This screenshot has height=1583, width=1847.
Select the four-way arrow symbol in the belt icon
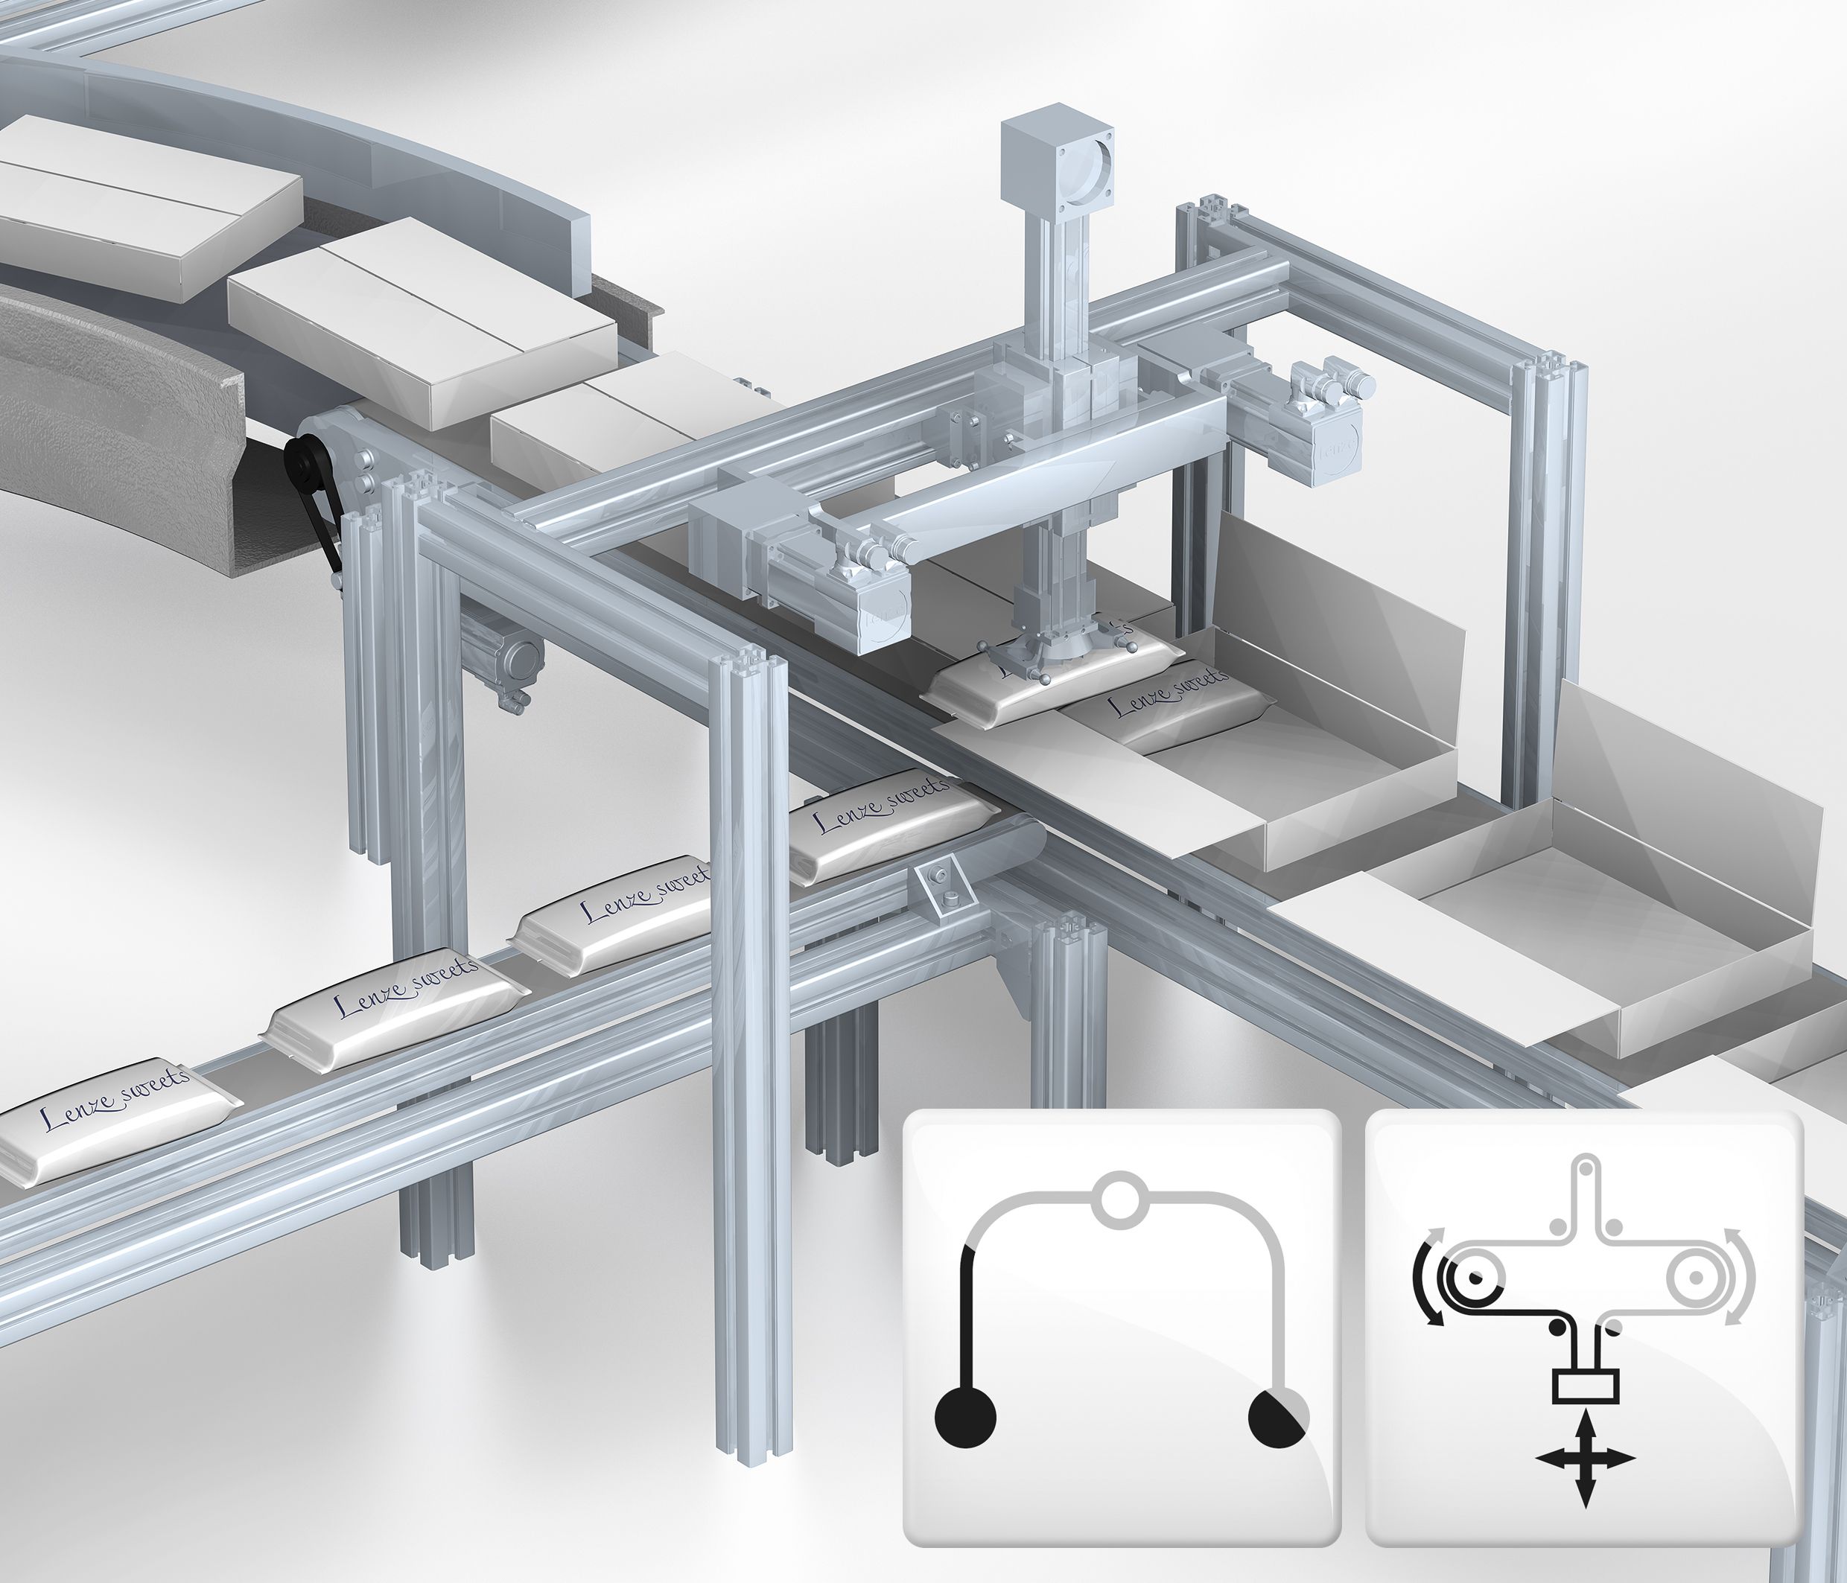pos(1584,1485)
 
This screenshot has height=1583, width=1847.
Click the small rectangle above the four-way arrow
pos(1584,1411)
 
